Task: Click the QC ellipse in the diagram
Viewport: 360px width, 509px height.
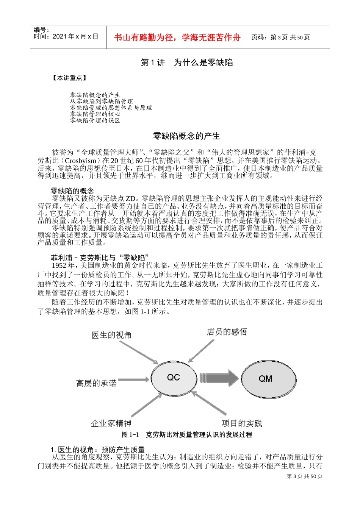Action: coord(174,378)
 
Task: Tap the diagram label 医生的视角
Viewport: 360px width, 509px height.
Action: coord(111,335)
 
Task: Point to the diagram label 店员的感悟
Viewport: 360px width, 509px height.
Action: coord(227,332)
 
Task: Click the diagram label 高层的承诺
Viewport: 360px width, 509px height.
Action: coord(96,383)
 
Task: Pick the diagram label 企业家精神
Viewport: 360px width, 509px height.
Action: coord(111,423)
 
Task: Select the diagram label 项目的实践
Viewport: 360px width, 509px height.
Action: coord(242,423)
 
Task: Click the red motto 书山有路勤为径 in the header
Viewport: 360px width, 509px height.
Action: coord(177,37)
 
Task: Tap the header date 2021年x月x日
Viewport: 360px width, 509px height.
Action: coord(75,36)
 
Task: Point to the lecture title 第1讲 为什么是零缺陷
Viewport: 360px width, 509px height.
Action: coord(187,62)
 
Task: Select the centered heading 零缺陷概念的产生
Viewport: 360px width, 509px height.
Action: coord(186,136)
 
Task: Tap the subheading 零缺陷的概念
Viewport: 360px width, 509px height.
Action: coord(72,190)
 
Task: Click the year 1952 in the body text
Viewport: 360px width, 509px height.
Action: coord(59,265)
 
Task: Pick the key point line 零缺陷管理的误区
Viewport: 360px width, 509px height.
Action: coord(95,120)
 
